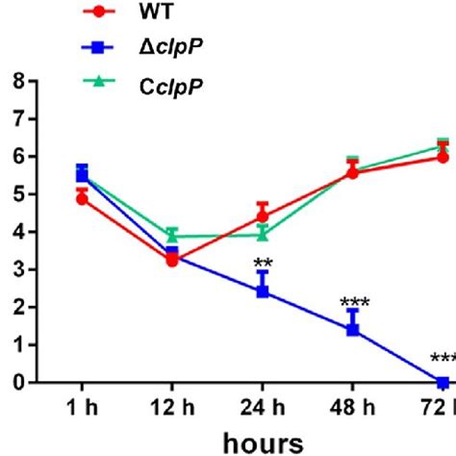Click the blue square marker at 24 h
tap(262, 291)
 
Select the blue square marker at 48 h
tap(352, 329)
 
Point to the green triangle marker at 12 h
tap(171, 235)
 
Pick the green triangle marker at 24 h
tap(262, 234)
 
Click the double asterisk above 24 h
tap(262, 264)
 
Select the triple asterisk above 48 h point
tap(354, 304)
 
